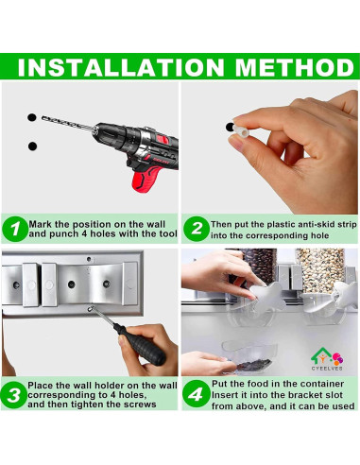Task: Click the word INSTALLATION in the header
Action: (121, 67)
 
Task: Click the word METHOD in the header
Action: (295, 67)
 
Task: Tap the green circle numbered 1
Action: (15, 229)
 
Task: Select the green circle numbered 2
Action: (197, 229)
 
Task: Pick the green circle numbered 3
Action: (13, 395)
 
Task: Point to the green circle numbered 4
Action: (196, 394)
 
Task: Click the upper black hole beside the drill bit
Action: (32, 117)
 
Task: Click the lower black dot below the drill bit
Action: (32, 146)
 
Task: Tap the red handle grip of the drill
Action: (146, 179)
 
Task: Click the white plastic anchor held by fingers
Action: (241, 130)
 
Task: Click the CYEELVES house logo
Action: (327, 359)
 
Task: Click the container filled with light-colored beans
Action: (319, 270)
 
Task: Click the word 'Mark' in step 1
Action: (40, 225)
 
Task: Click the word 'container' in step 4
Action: (317, 384)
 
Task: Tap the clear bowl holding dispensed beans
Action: (249, 358)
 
